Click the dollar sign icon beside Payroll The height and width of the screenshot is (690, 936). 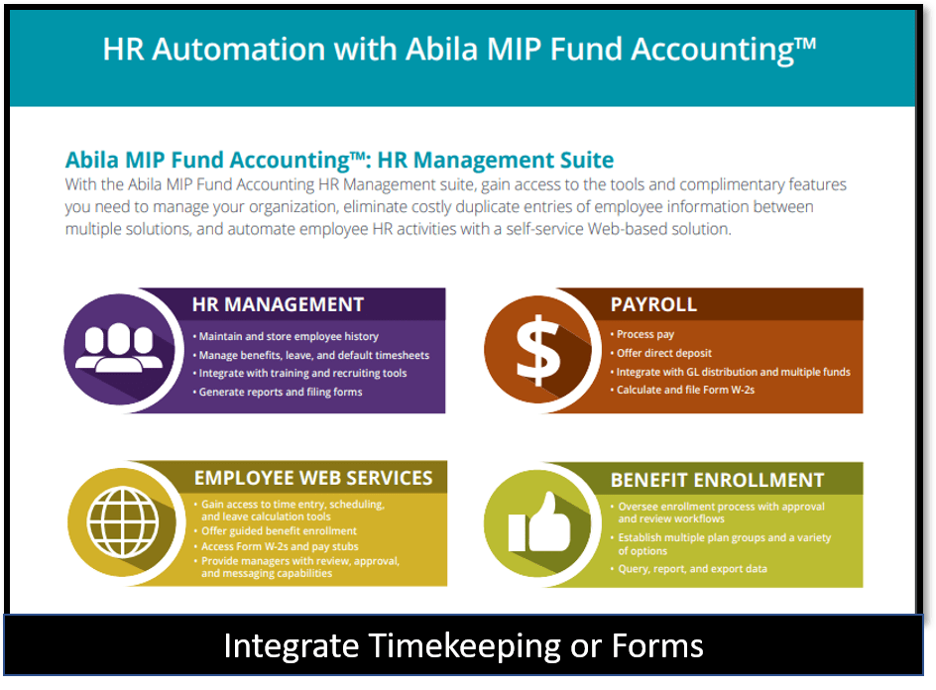pos(538,350)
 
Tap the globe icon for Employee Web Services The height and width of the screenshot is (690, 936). pos(123,522)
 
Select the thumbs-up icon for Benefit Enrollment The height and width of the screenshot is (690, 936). pos(539,522)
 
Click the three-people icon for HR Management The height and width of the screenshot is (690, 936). pos(119,347)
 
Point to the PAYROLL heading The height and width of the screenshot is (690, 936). pos(653,304)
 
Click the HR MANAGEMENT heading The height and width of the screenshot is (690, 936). pos(278,304)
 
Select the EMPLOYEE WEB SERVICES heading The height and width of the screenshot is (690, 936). pos(313,478)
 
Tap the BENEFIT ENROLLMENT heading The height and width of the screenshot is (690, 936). pos(717,480)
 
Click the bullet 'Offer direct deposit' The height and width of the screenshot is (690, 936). pos(660,353)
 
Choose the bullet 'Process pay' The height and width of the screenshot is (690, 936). pos(643,334)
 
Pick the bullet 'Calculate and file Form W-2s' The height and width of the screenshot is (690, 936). pos(682,390)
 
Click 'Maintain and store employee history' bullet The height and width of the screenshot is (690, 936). pos(286,336)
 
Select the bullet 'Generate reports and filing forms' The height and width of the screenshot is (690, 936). pos(278,392)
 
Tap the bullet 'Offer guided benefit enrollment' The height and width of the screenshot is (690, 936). pos(276,530)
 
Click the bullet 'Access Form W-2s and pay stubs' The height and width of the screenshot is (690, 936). pos(277,546)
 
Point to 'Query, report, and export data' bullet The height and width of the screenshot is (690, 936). pos(689,569)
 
